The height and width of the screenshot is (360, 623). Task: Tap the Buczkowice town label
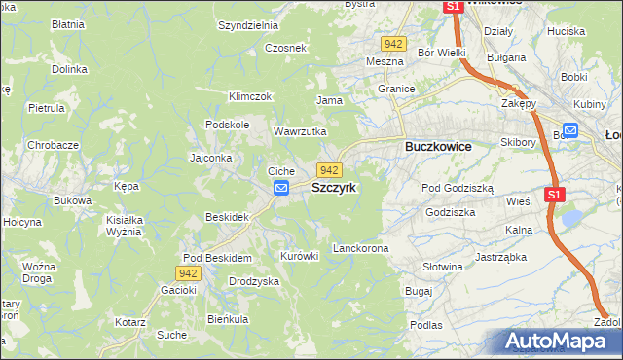click(x=437, y=146)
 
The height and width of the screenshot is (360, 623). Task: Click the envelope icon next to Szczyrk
click(x=281, y=188)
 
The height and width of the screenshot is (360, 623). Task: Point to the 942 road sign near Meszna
click(x=393, y=45)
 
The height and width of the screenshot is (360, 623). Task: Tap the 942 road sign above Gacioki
click(x=189, y=274)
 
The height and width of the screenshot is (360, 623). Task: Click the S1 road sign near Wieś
click(x=554, y=195)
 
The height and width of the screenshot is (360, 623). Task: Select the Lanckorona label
click(x=360, y=248)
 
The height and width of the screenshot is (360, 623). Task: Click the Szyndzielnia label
click(x=248, y=25)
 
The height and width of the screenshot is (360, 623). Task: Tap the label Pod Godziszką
click(x=458, y=188)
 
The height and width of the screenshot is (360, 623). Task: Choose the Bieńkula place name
click(x=228, y=318)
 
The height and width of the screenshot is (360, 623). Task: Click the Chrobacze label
click(x=53, y=144)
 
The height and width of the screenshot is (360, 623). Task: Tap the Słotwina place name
click(x=443, y=266)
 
